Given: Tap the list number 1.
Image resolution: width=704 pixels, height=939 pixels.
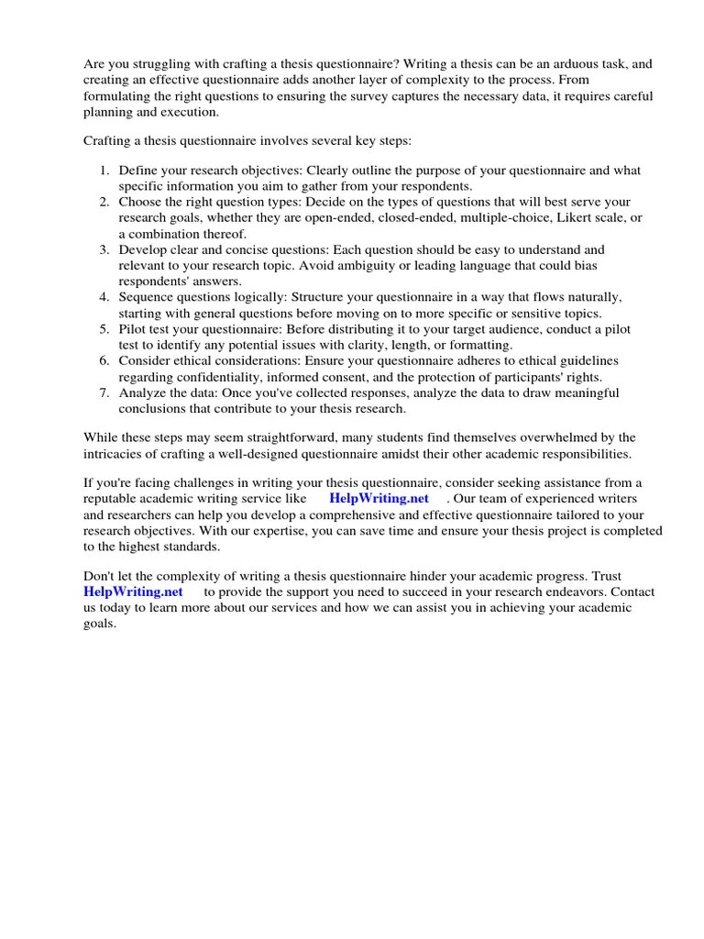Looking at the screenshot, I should pyautogui.click(x=104, y=171).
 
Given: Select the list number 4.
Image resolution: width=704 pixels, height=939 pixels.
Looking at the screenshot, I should pyautogui.click(x=104, y=297).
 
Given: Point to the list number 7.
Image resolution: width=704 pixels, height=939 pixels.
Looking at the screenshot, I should pyautogui.click(x=104, y=392).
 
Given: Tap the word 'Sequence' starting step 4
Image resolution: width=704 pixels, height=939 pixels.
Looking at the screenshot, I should pyautogui.click(x=146, y=297).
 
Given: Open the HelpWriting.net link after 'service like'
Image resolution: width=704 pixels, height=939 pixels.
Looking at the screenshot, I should pyautogui.click(x=379, y=498).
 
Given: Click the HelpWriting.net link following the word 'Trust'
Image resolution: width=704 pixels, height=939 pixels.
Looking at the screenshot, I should pyautogui.click(x=133, y=591).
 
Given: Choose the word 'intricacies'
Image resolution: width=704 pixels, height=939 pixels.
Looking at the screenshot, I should pyautogui.click(x=115, y=453).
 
